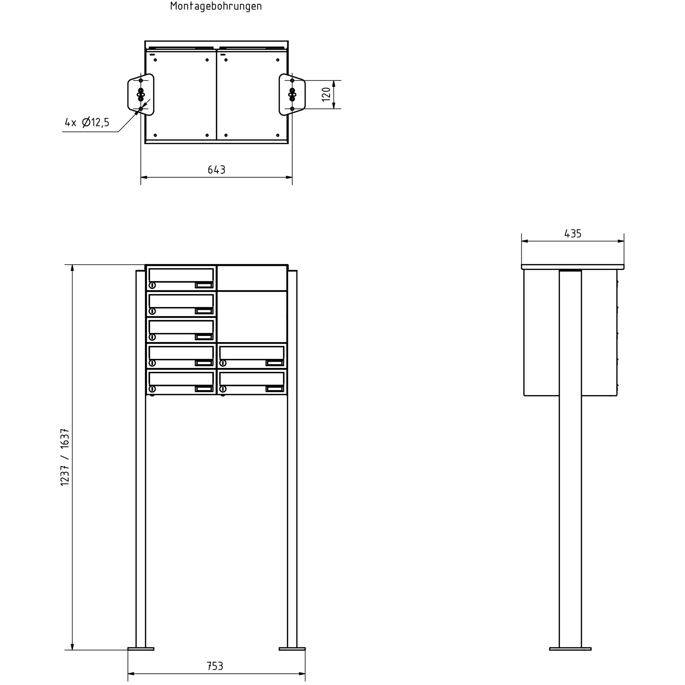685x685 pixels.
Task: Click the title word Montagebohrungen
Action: click(216, 6)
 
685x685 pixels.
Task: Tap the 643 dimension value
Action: click(217, 170)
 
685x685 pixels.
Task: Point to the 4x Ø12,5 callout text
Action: click(87, 123)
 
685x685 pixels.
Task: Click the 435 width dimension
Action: click(573, 234)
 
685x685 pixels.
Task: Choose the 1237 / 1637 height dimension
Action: click(65, 457)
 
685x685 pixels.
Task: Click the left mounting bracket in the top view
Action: click(141, 94)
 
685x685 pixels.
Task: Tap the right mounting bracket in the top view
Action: click(292, 94)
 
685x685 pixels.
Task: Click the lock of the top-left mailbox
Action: click(152, 285)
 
